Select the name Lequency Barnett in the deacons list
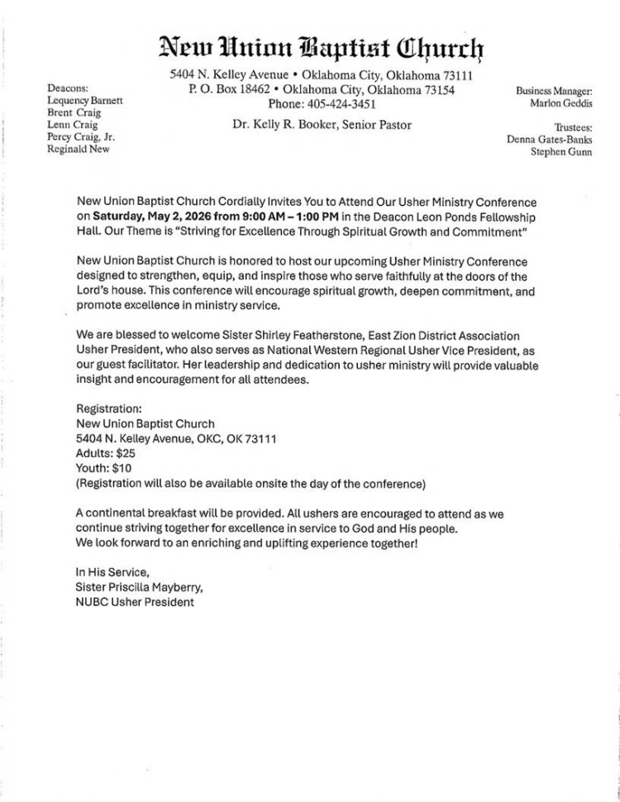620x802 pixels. pos(85,100)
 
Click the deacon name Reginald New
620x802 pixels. pos(79,150)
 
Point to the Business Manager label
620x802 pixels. pos(553,91)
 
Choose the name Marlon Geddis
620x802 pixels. pos(560,104)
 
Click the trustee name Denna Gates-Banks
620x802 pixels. pos(549,139)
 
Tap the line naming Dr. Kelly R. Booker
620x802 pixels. pos(322,125)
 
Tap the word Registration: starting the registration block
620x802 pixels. pos(109,408)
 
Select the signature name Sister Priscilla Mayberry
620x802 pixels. pos(139,587)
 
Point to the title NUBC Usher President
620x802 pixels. pos(135,602)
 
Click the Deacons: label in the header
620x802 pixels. pos(68,88)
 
